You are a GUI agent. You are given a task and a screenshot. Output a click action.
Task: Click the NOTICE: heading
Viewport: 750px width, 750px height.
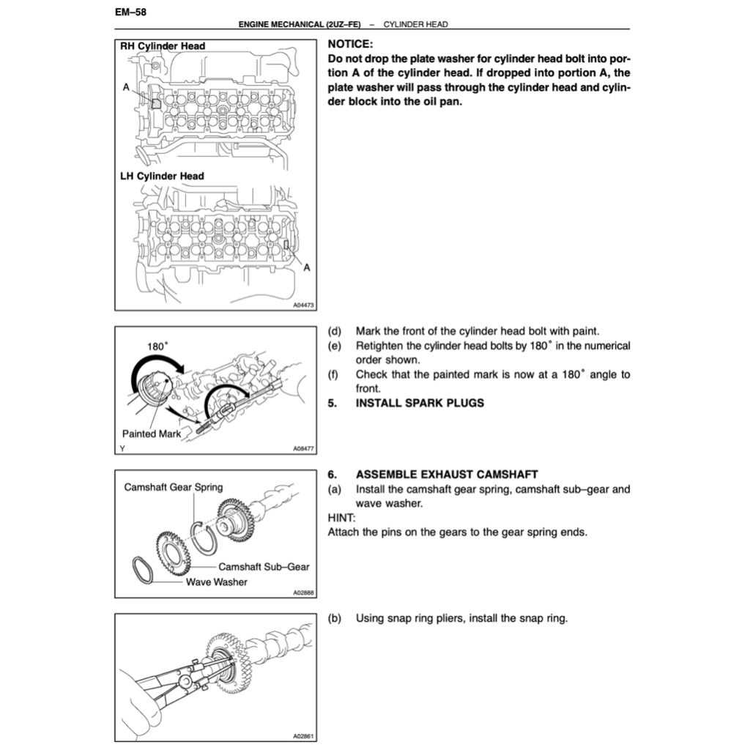[x=350, y=44]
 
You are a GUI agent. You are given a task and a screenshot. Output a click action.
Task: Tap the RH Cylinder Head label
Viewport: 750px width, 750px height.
[x=162, y=46]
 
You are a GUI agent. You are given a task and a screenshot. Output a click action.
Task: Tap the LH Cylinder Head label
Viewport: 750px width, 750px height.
[x=161, y=176]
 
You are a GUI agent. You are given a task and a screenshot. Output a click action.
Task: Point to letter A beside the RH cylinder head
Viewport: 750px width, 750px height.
[x=126, y=86]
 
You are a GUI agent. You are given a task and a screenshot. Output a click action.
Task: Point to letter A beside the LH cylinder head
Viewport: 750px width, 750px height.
[x=306, y=267]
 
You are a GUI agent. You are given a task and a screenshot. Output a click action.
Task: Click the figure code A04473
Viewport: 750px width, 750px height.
[x=302, y=305]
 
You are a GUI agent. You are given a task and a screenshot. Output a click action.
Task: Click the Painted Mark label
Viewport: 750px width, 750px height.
[x=151, y=434]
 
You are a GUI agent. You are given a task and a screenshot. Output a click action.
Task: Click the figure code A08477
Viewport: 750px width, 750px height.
[x=302, y=449]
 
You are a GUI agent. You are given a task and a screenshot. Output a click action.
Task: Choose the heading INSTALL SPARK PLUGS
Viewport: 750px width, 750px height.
[x=420, y=403]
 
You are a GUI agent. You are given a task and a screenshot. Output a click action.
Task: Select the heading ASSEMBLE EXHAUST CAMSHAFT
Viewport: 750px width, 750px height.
[x=447, y=475]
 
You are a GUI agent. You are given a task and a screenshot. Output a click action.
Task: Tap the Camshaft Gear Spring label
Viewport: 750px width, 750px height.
[x=174, y=487]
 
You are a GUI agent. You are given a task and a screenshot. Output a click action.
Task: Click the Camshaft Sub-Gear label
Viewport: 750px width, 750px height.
[x=264, y=566]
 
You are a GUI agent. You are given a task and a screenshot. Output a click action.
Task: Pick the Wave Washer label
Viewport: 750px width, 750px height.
[x=216, y=582]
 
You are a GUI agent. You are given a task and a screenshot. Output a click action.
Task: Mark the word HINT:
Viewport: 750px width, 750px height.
[x=341, y=517]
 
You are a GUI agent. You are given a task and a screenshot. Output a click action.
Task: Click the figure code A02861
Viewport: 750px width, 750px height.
[x=302, y=735]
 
